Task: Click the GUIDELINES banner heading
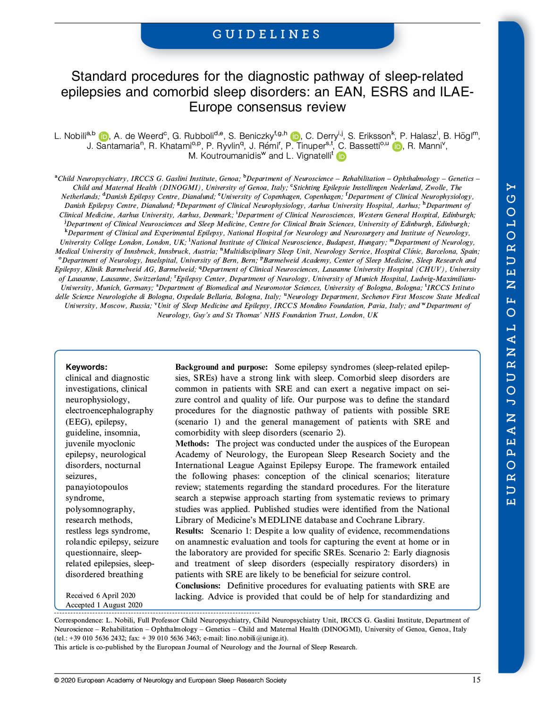click(x=267, y=34)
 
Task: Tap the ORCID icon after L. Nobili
click(x=104, y=136)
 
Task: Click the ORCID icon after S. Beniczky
click(x=296, y=136)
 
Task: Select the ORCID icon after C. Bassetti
click(x=397, y=146)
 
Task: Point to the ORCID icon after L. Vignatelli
click(x=341, y=156)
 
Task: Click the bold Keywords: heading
click(x=86, y=367)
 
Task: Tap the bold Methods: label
click(x=192, y=443)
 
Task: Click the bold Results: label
click(x=189, y=531)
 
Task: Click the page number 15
click(x=476, y=680)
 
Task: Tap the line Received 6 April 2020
click(x=101, y=596)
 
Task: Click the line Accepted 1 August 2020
click(x=104, y=605)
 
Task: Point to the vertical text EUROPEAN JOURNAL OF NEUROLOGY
click(x=511, y=344)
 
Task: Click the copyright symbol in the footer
click(x=57, y=681)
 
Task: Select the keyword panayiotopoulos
click(x=97, y=487)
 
